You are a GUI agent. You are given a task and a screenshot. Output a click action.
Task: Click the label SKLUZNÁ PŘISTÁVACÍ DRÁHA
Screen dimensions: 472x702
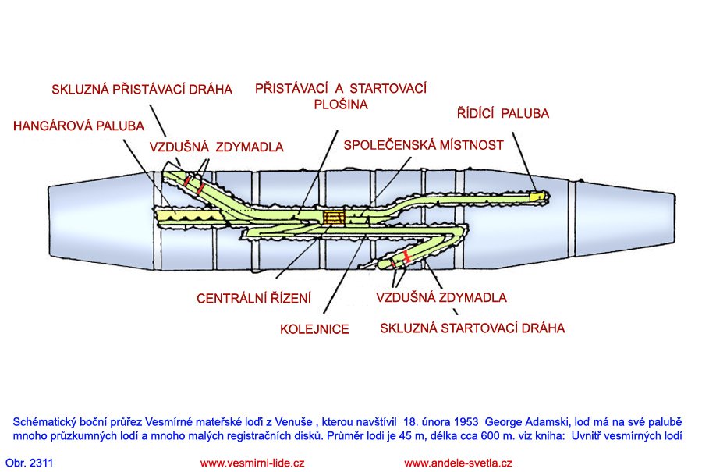pos(142,89)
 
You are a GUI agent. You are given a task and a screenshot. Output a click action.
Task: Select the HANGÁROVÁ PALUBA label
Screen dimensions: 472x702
pos(79,126)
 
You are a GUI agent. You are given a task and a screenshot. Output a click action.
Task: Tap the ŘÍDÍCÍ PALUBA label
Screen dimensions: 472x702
pos(502,113)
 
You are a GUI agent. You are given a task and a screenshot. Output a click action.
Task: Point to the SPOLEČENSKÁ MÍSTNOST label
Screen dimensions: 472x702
pos(424,145)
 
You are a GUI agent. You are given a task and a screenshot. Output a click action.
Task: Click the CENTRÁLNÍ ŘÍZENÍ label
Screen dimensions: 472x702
pos(253,298)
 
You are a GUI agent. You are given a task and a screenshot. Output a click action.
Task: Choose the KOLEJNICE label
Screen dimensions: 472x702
pos(314,329)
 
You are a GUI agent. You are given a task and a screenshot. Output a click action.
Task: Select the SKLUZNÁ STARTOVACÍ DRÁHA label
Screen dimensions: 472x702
pos(472,328)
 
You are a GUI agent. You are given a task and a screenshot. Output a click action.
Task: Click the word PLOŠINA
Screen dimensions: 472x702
pos(341,104)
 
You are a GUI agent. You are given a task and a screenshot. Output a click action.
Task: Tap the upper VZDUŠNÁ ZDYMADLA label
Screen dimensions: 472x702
pos(216,147)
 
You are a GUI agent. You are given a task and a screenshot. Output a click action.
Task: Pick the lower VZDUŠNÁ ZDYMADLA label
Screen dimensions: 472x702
pos(441,297)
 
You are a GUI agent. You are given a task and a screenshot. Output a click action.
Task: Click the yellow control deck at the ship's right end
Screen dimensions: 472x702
pos(537,196)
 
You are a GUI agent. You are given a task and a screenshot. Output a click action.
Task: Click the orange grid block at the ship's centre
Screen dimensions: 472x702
pos(335,216)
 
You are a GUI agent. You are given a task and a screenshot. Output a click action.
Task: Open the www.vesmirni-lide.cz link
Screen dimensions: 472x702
pos(252,463)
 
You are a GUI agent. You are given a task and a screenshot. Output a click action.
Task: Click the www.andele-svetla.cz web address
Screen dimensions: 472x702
pos(458,463)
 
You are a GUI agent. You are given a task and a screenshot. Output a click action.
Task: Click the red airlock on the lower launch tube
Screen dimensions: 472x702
pos(406,256)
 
